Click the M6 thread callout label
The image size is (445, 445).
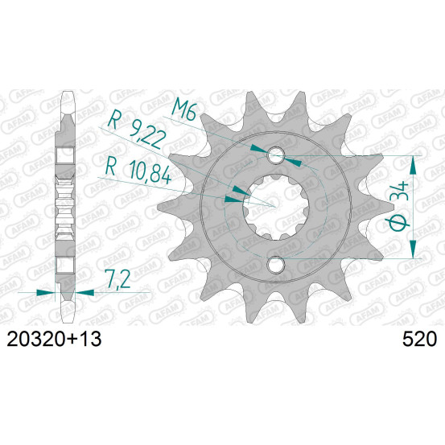(x=184, y=109)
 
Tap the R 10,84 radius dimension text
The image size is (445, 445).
(x=138, y=171)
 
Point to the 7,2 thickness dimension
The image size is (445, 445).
(x=117, y=279)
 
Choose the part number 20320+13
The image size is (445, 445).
(x=54, y=339)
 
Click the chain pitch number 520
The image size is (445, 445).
(x=419, y=339)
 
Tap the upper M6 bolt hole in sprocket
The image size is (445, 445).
(x=276, y=155)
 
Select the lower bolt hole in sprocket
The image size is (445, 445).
(x=276, y=265)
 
